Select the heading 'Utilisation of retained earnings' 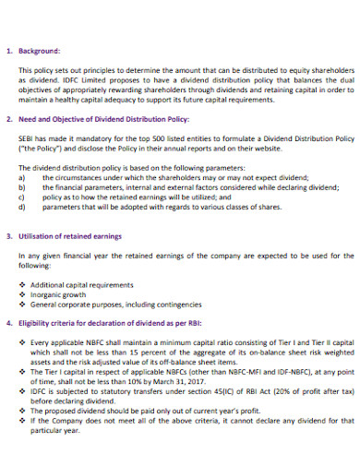(75, 235)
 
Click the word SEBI (28, 136)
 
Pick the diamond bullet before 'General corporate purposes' (22, 303)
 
